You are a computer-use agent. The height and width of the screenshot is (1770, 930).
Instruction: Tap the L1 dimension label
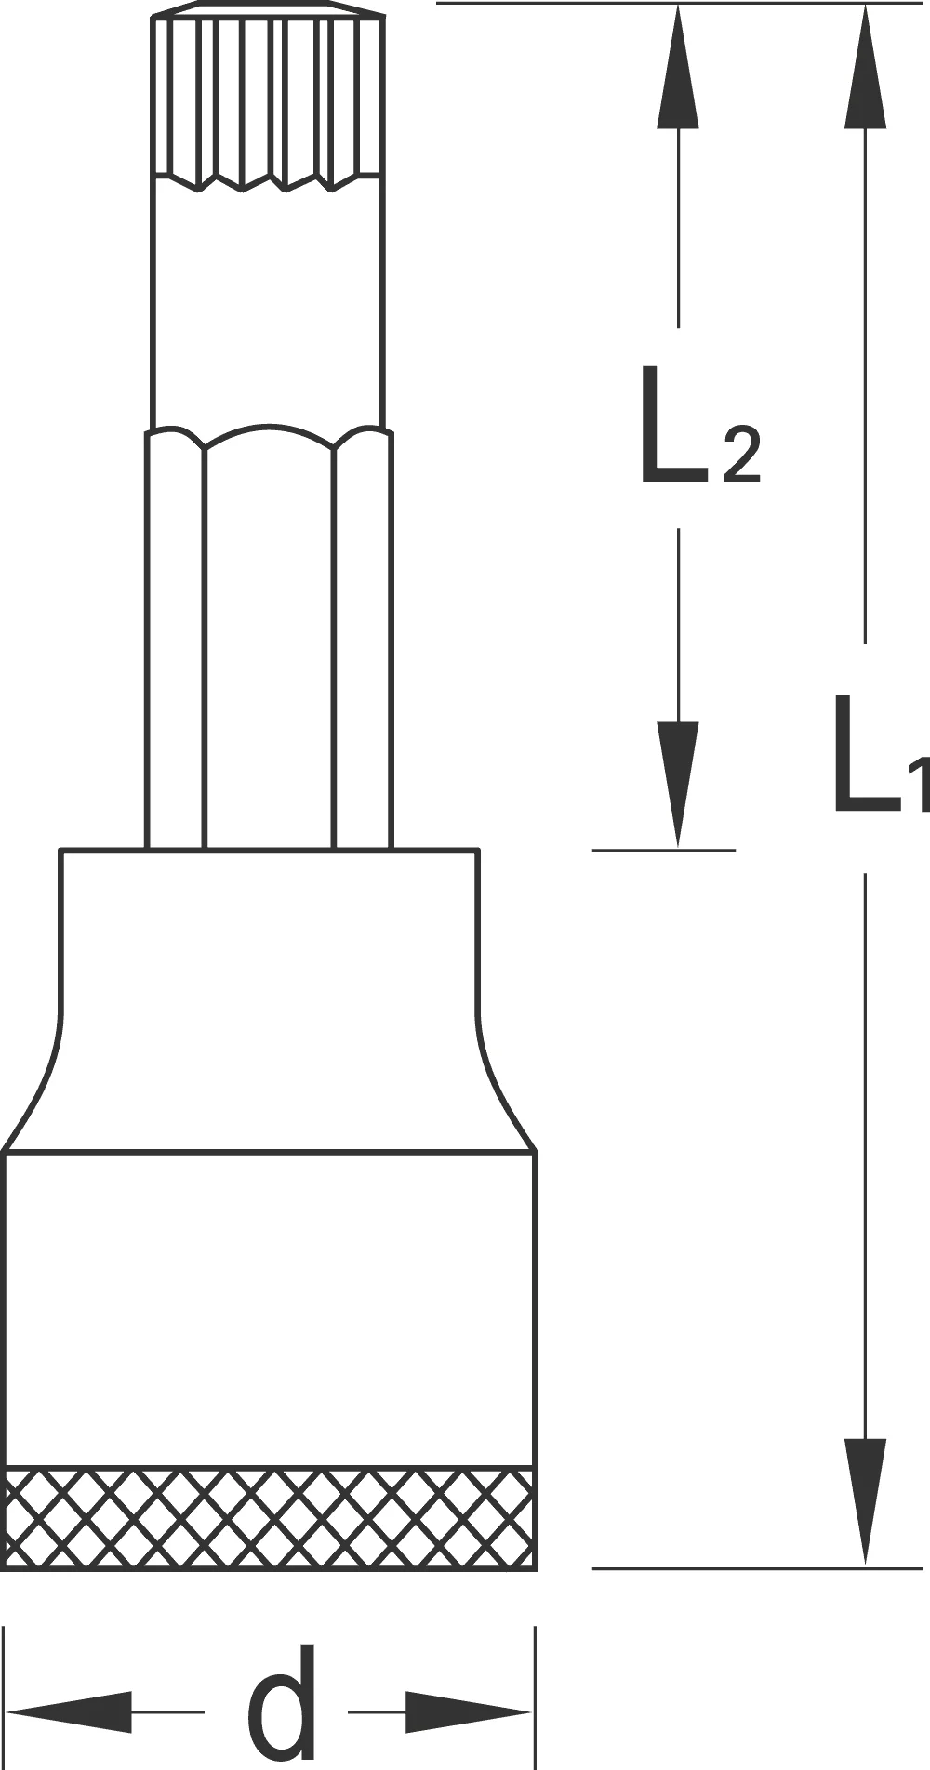pos(879,755)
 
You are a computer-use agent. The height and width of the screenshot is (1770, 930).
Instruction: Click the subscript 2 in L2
pos(742,456)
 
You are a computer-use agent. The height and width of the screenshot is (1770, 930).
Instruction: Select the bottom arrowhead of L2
pos(678,785)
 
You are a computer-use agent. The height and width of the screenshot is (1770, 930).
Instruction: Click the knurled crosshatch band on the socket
pos(270,1518)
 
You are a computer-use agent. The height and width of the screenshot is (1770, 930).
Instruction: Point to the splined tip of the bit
pos(268,97)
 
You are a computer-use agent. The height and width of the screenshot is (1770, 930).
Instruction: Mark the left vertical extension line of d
pos(5,1697)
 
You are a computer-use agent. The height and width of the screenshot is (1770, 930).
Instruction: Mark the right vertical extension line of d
pos(535,1697)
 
